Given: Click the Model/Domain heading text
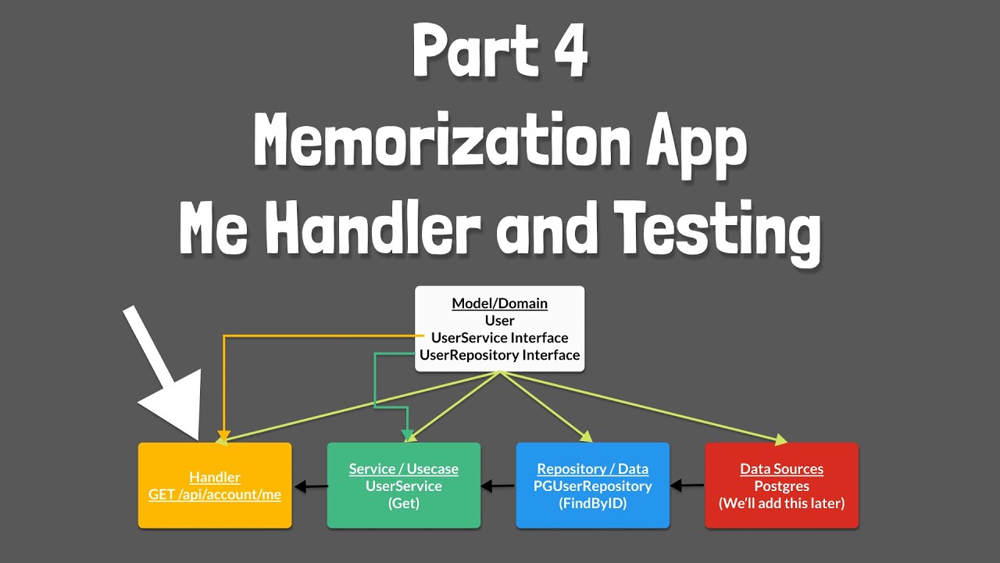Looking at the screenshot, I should point(499,303).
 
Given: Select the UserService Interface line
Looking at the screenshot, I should point(499,338).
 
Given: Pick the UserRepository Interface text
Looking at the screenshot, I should point(499,355).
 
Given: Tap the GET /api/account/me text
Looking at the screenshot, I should point(215,494).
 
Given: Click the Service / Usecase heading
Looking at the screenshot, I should point(403,469).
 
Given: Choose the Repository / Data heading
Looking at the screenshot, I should point(592,469).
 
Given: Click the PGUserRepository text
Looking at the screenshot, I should point(592,486).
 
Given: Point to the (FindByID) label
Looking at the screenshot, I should point(592,504).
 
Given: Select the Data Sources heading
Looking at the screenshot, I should point(781,469).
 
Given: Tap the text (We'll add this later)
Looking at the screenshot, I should point(781,504).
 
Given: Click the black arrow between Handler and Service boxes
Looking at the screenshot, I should point(309,487).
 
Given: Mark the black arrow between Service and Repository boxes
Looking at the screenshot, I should point(498,486).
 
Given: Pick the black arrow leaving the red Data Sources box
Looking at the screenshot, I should point(687,486).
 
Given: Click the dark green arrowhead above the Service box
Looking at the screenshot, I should point(407,434).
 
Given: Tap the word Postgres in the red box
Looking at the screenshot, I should point(781,486).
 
